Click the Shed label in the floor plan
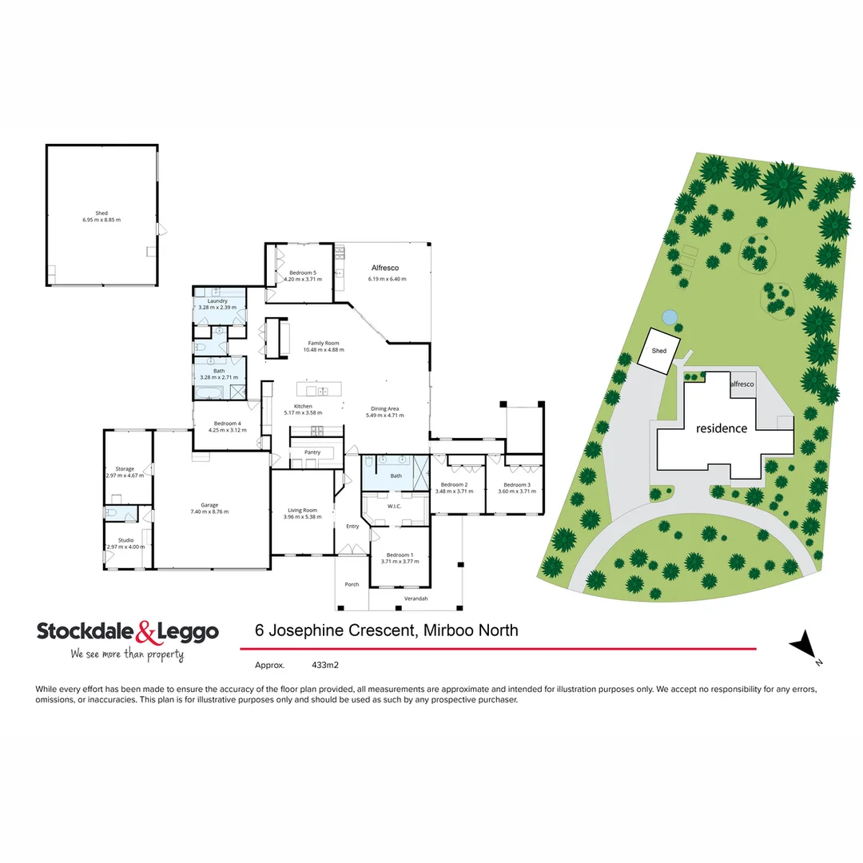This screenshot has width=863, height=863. tap(101, 213)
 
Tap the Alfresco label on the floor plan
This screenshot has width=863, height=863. tap(385, 268)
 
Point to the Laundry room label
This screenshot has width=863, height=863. tap(217, 300)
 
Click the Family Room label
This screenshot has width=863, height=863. tap(324, 343)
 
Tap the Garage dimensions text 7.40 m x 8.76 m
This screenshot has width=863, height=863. tap(209, 511)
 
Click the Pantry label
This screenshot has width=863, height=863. tap(312, 452)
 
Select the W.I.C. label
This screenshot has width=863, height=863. tap(394, 505)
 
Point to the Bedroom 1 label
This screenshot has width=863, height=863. tap(400, 555)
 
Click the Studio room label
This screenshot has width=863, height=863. tap(126, 540)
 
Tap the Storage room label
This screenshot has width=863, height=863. tap(125, 469)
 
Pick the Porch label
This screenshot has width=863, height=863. tap(352, 584)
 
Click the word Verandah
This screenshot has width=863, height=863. tap(416, 599)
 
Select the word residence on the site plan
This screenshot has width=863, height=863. tap(722, 428)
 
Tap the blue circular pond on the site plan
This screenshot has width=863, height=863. tap(670, 316)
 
